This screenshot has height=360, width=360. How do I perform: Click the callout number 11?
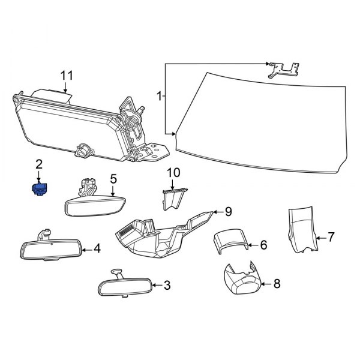[67, 76]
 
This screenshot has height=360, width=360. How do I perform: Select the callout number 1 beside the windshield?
[159, 95]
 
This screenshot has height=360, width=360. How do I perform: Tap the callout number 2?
[40, 164]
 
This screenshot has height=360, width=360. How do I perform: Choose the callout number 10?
[173, 173]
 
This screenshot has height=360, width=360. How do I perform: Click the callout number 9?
[228, 211]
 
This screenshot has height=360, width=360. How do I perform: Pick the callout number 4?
[97, 248]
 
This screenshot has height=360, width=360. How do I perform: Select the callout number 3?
[167, 285]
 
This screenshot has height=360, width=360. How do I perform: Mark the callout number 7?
[330, 238]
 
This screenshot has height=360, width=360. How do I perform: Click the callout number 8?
[277, 283]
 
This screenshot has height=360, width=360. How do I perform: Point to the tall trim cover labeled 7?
[301, 231]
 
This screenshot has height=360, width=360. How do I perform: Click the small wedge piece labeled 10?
[173, 197]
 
